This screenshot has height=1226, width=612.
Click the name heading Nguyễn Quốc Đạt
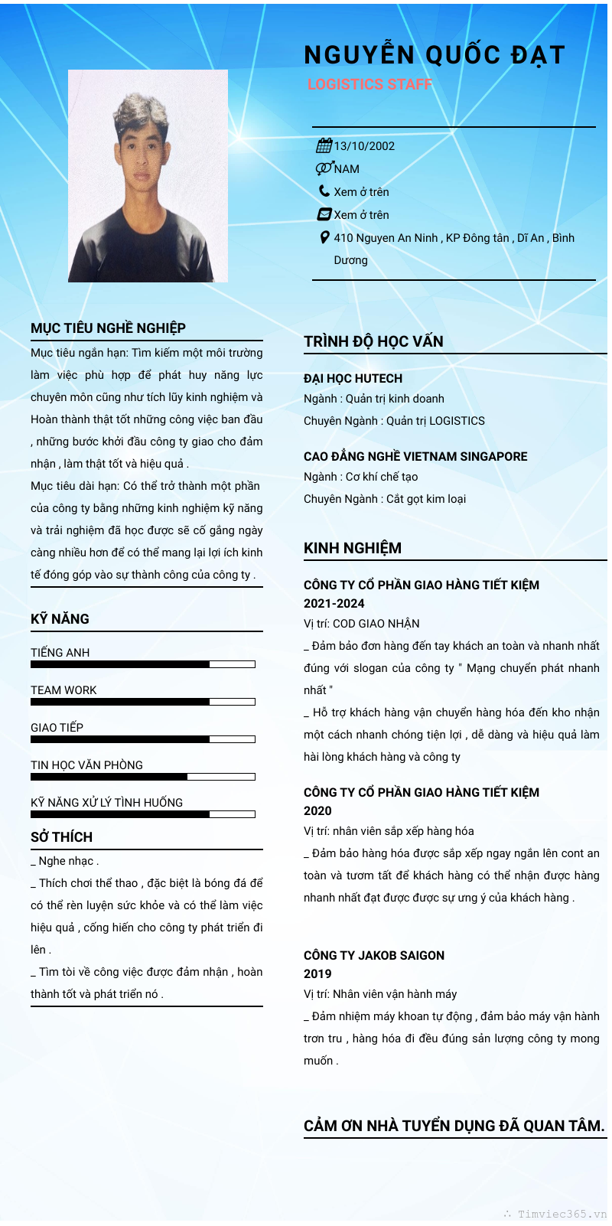tap(434, 55)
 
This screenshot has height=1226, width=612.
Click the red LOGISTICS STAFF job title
tap(369, 85)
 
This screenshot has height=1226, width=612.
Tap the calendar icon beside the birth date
tap(324, 145)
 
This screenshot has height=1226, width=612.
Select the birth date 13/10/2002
tap(364, 146)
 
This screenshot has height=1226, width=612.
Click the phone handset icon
tap(324, 191)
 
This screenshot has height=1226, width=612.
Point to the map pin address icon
tap(324, 238)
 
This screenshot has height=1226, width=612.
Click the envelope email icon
tap(324, 214)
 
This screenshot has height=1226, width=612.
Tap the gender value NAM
tap(347, 169)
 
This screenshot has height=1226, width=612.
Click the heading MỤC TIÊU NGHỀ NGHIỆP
tap(108, 328)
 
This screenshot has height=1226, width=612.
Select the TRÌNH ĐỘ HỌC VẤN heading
tap(373, 341)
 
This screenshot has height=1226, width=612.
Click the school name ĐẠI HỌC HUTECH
tap(353, 378)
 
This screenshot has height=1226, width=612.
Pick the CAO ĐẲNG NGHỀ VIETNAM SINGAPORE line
tap(415, 456)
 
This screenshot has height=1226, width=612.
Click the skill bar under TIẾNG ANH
tap(142, 664)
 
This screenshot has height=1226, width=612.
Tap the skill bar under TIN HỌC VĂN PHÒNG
tap(142, 777)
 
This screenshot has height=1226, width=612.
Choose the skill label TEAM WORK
tap(63, 690)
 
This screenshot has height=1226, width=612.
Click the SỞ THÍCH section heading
tap(61, 837)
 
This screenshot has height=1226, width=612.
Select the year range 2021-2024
tap(334, 603)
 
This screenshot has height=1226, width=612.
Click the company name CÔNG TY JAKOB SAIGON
tap(374, 955)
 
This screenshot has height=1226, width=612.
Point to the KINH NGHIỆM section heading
tap(353, 548)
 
